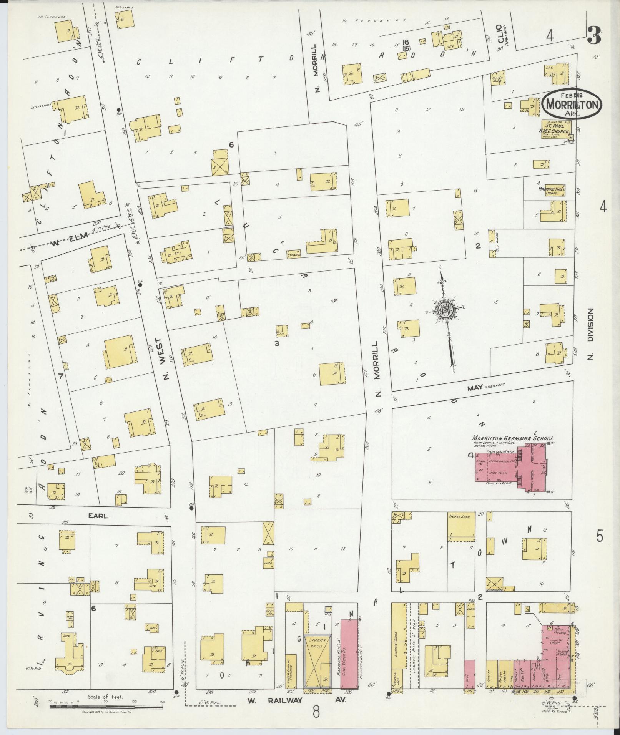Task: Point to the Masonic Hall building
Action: (553, 191)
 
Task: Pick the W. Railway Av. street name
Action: (297, 700)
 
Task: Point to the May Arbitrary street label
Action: (485, 388)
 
